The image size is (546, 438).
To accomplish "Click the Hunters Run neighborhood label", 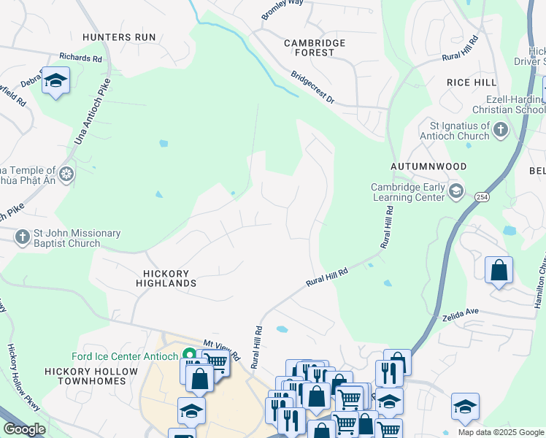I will coord(119,36).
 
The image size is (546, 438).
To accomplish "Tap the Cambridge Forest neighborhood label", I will coord(314,47).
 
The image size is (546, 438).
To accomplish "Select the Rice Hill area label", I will coord(472,82).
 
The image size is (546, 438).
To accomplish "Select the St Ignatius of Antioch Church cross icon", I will coord(500,130).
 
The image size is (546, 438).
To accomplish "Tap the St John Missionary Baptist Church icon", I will coord(22,235).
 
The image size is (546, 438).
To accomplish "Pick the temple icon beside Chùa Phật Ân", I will coord(66,174).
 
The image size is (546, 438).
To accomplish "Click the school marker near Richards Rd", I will coord(55,80).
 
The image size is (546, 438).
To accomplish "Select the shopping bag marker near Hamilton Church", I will coord(499,270).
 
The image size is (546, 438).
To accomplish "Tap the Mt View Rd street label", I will coord(221,350).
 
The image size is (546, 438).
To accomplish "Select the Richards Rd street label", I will coord(81,57).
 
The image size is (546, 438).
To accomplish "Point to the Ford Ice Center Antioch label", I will coord(126,357).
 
